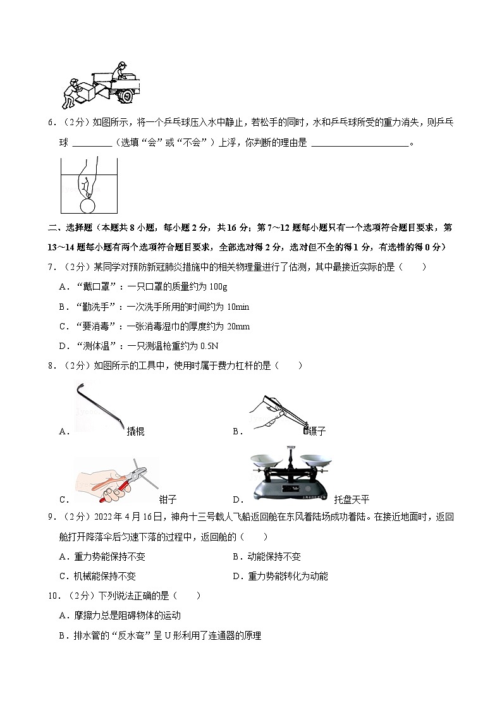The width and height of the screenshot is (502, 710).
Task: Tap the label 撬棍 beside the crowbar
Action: click(x=135, y=431)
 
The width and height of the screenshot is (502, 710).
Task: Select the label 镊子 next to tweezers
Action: click(x=317, y=431)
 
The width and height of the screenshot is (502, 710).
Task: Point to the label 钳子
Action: click(x=168, y=498)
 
